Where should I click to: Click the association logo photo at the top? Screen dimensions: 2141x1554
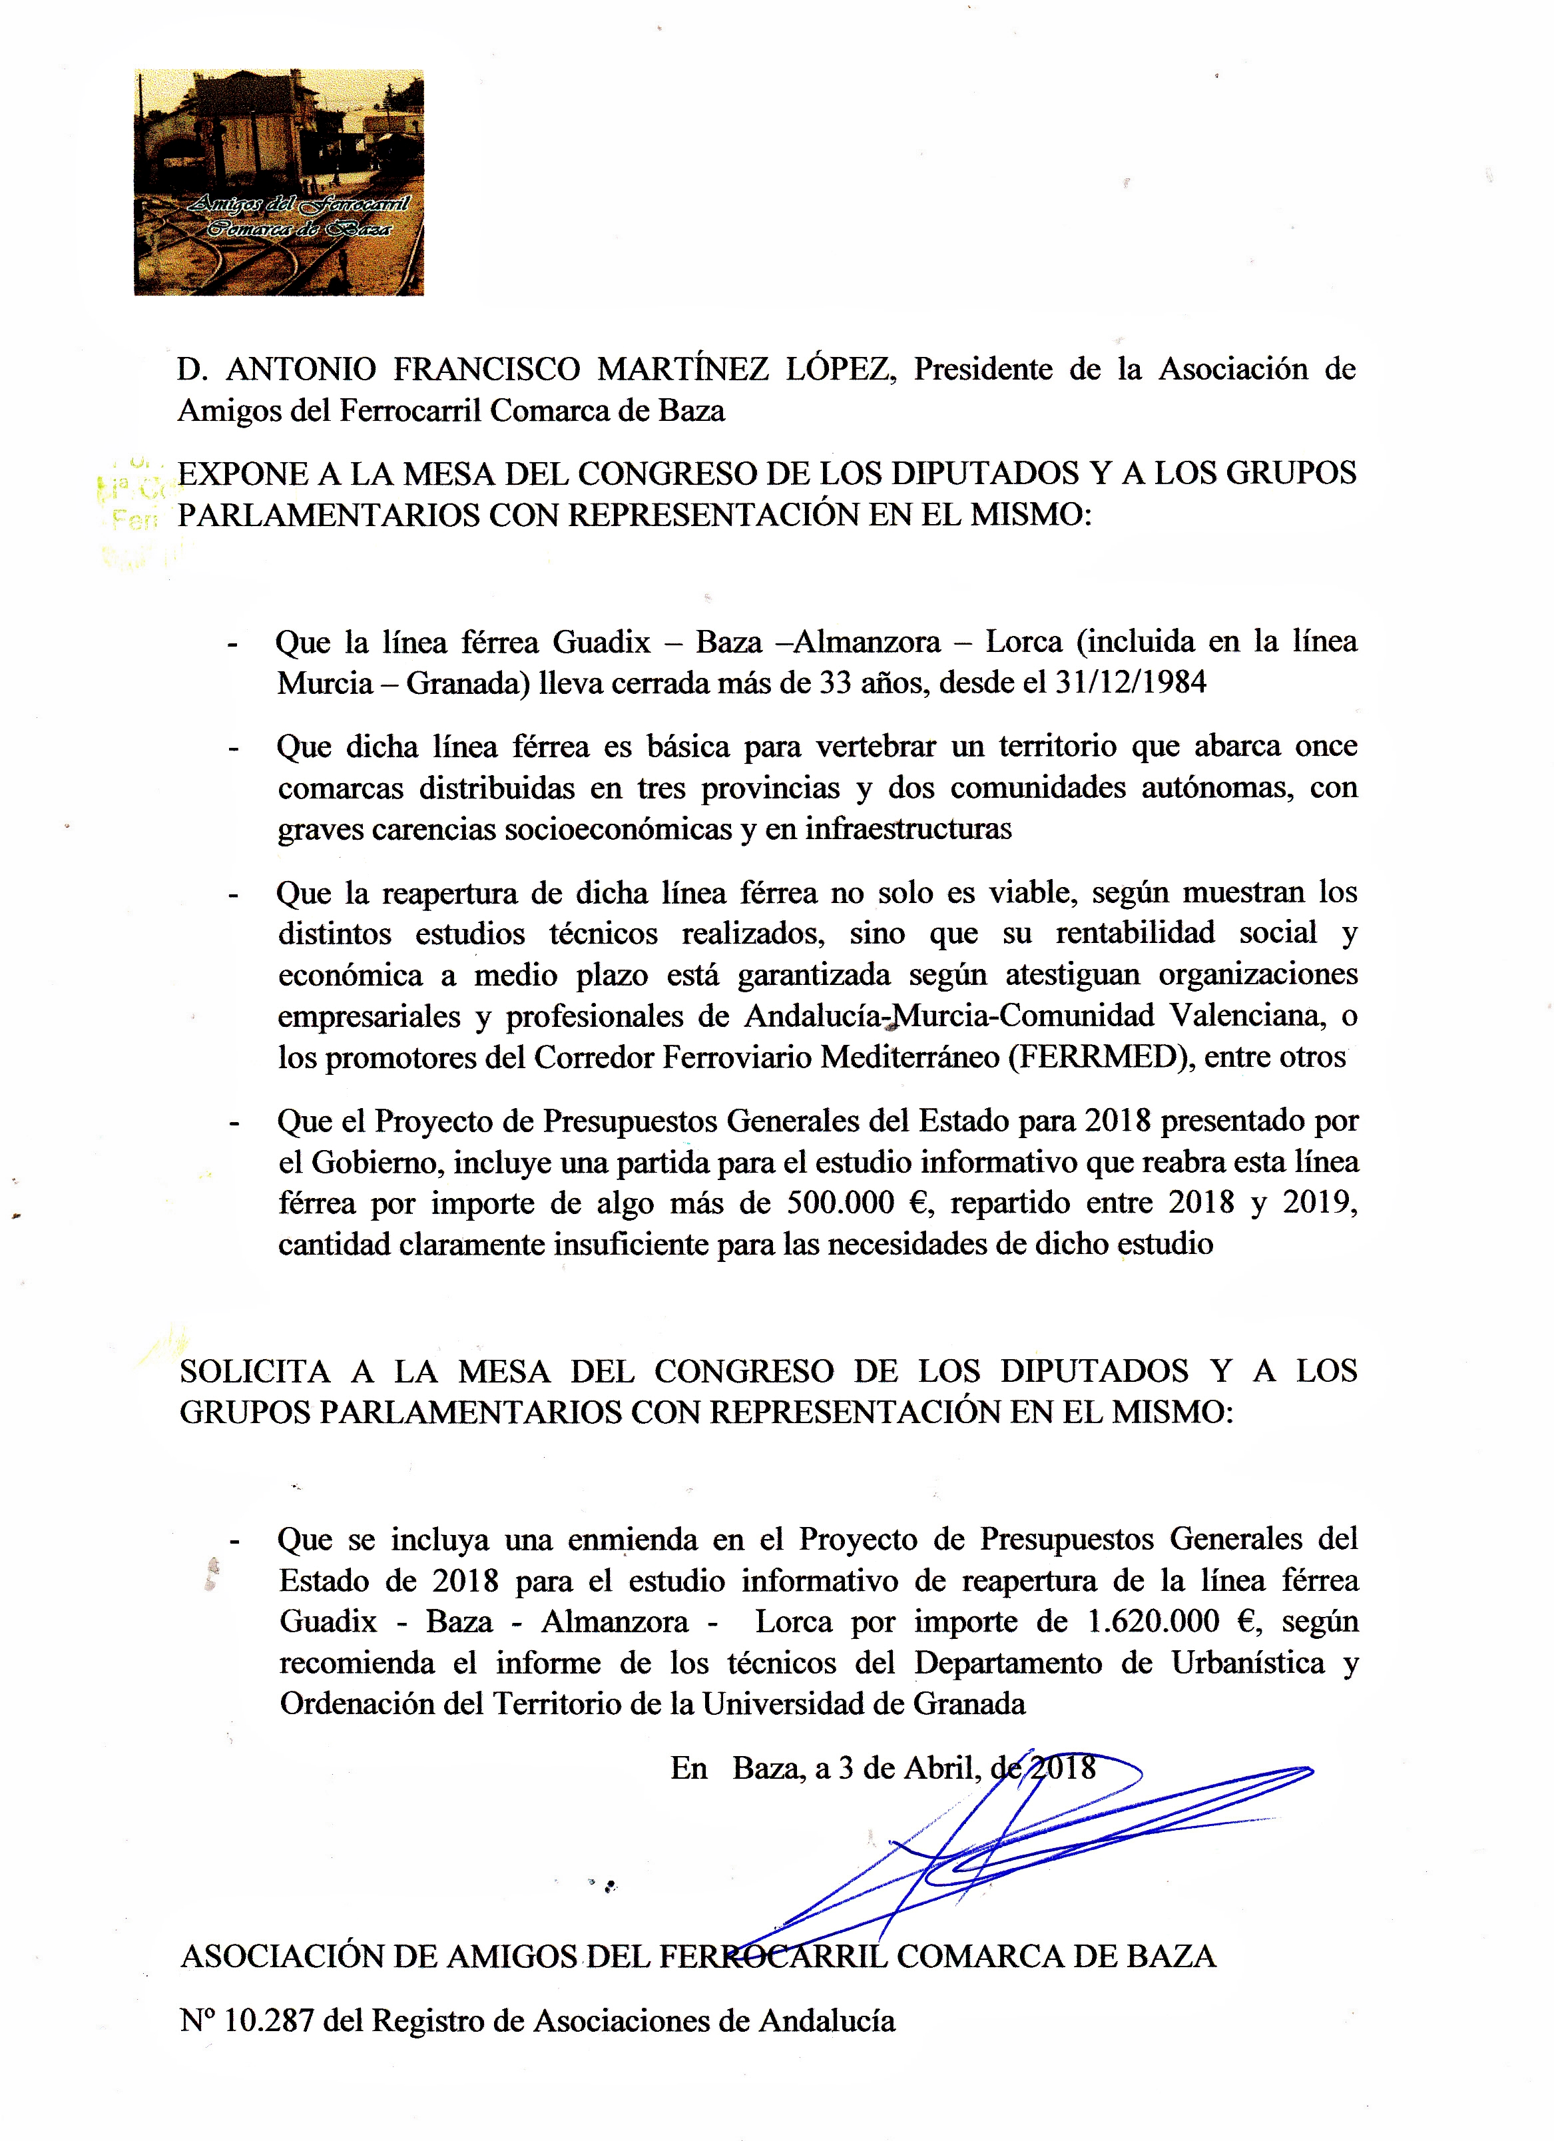pos(278,182)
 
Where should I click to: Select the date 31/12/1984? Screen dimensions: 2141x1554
pos(1129,683)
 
